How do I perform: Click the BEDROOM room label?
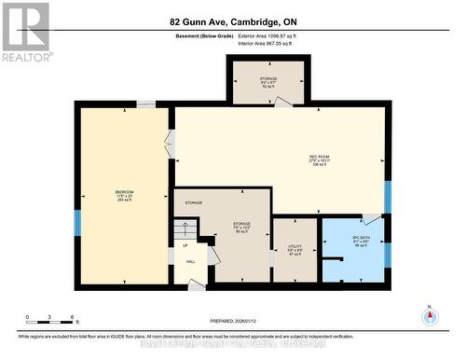click(x=124, y=194)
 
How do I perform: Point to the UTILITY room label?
click(x=295, y=248)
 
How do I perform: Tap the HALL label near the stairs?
click(x=190, y=262)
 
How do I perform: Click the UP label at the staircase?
click(x=185, y=245)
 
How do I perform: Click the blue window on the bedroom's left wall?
click(x=78, y=222)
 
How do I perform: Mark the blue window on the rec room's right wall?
click(x=387, y=197)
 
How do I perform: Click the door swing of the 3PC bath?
click(x=371, y=220)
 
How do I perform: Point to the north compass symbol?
click(x=430, y=315)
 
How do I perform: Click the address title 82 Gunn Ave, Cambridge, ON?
click(x=233, y=21)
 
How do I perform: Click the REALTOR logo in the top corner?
click(x=24, y=33)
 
